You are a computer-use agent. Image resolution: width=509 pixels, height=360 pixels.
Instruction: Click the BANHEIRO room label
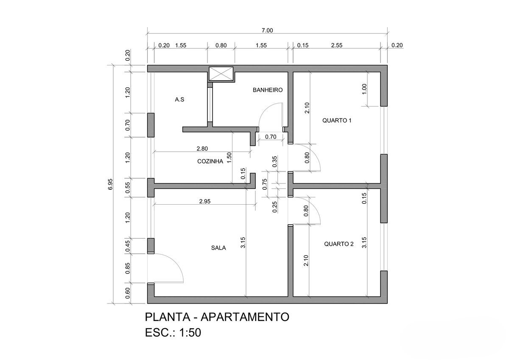[x=267, y=90]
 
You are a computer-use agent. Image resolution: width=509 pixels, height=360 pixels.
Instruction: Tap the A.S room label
[x=179, y=100]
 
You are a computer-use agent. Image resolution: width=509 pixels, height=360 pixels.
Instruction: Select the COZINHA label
[x=210, y=161]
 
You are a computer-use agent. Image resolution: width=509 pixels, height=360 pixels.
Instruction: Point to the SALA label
[x=218, y=248]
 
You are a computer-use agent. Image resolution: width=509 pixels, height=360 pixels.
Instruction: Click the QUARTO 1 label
[x=337, y=120]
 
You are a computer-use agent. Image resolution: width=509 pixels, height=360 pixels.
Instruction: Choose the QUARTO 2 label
[x=338, y=244]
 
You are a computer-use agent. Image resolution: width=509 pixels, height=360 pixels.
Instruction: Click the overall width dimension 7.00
[x=267, y=30]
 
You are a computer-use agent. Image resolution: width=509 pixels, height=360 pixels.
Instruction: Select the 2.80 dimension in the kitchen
[x=202, y=148]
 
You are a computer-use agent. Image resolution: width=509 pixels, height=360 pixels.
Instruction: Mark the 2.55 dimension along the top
[x=337, y=45]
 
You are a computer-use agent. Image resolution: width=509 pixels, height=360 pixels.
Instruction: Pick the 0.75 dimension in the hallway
[x=265, y=184]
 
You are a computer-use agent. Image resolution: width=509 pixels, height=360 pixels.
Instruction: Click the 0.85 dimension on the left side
[x=128, y=268]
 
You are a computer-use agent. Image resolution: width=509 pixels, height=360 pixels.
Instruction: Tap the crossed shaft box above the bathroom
[x=221, y=73]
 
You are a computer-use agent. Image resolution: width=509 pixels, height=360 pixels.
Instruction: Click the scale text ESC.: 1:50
[x=173, y=332]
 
